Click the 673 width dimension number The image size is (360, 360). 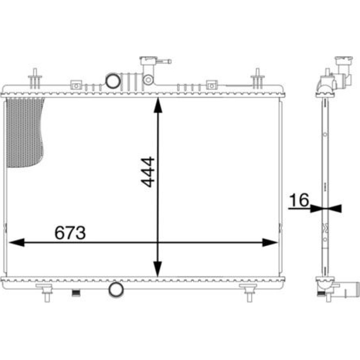[x=70, y=233]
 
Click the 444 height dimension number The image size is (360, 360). [x=147, y=172]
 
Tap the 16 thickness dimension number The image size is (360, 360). [x=299, y=200]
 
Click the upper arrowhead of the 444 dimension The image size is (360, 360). [x=158, y=105]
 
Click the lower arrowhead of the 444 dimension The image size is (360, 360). [x=158, y=269]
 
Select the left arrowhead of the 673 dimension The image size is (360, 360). [x=17, y=242]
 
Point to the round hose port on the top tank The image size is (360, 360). [x=113, y=81]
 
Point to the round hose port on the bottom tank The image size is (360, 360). [x=116, y=289]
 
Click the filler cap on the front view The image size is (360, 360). [x=148, y=61]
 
